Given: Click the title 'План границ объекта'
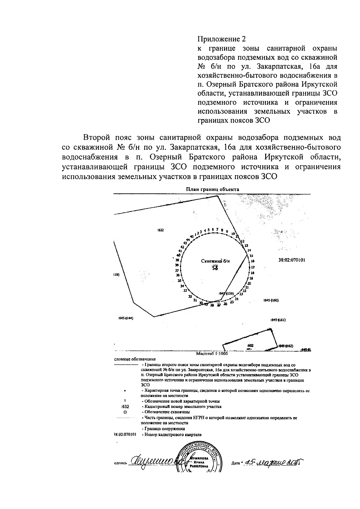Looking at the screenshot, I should [212, 189].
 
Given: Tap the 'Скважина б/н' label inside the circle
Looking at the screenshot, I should [215, 261].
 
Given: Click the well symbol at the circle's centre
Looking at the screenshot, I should [215, 268].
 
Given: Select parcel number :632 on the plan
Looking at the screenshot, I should [160, 230].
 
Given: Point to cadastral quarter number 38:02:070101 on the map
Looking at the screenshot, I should [292, 260].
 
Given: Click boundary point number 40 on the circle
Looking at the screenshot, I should [178, 255].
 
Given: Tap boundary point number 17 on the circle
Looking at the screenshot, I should [253, 267].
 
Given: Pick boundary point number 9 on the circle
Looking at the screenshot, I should [227, 232].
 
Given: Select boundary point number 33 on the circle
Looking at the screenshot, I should [185, 290].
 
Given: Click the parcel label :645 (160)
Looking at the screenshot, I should [271, 300].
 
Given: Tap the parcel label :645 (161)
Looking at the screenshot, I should [278, 320].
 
